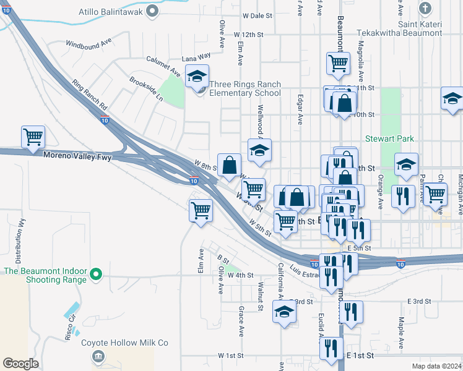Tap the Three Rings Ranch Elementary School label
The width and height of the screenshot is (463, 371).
click(x=244, y=89)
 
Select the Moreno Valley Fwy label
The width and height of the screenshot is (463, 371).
click(x=77, y=156)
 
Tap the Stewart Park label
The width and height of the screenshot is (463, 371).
click(x=389, y=139)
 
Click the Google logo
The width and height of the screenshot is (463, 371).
click(x=20, y=363)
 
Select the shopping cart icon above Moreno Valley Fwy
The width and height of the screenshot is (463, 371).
click(x=33, y=136)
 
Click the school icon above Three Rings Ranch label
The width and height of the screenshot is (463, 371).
click(x=197, y=76)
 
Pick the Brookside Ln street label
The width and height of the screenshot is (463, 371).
click(x=146, y=89)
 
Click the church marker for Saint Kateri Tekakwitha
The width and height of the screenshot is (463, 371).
click(x=425, y=8)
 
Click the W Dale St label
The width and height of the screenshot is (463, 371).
click(x=257, y=15)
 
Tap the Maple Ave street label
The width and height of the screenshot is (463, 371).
click(x=401, y=333)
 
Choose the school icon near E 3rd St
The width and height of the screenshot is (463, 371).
click(x=284, y=312)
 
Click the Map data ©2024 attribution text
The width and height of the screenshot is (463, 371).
click(x=436, y=366)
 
